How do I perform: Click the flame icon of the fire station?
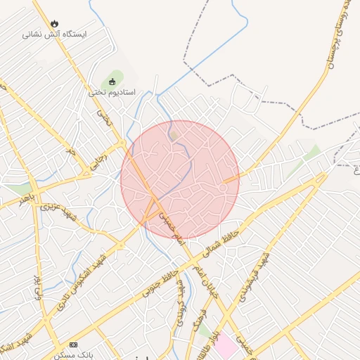(54, 23)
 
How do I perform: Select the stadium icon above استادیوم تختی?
(112, 81)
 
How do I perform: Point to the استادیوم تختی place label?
(112, 92)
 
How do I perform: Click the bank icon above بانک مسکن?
(74, 345)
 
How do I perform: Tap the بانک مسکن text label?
(74, 355)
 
